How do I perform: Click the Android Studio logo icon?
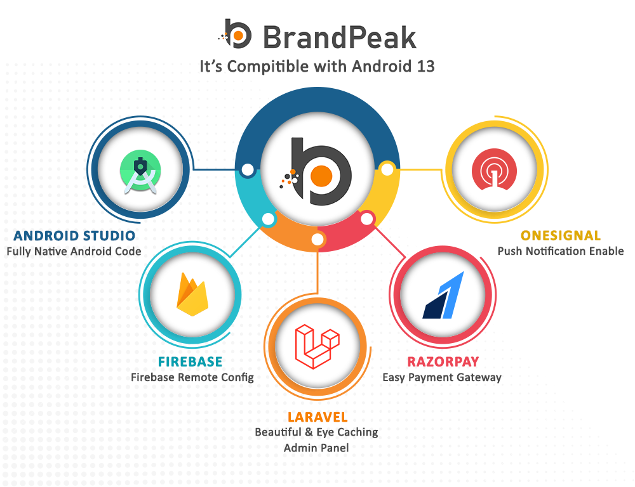tap(140, 171)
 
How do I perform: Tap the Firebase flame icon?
tap(192, 294)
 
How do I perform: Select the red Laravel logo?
tap(317, 346)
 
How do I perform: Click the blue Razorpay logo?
tap(443, 295)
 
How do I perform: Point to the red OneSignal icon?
tap(494, 169)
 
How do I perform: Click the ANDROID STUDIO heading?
tap(74, 236)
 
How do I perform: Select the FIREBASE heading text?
tap(190, 361)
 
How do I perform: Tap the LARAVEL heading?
tap(317, 417)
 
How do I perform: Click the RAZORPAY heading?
tap(443, 361)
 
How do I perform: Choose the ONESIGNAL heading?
tap(561, 236)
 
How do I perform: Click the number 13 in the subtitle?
tap(425, 67)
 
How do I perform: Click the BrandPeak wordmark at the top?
tap(340, 37)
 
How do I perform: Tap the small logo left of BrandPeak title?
tap(236, 34)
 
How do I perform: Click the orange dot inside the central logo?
tap(321, 176)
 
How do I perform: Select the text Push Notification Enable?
tap(561, 251)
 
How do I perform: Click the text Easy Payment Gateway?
tap(442, 377)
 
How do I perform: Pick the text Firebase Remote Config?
tap(192, 377)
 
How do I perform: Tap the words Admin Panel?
tap(316, 448)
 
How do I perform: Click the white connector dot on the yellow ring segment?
tap(387, 169)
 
